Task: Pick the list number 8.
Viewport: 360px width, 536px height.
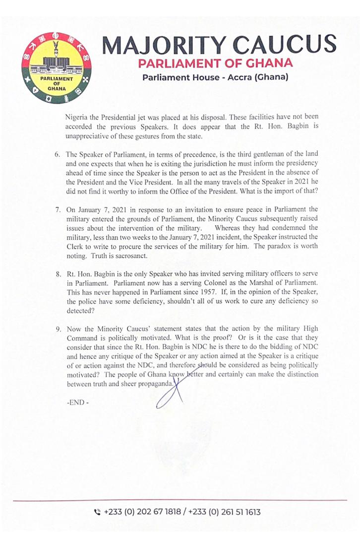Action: (58, 274)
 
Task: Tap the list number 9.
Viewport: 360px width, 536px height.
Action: (58, 329)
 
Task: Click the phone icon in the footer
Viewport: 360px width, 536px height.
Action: (97, 511)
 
